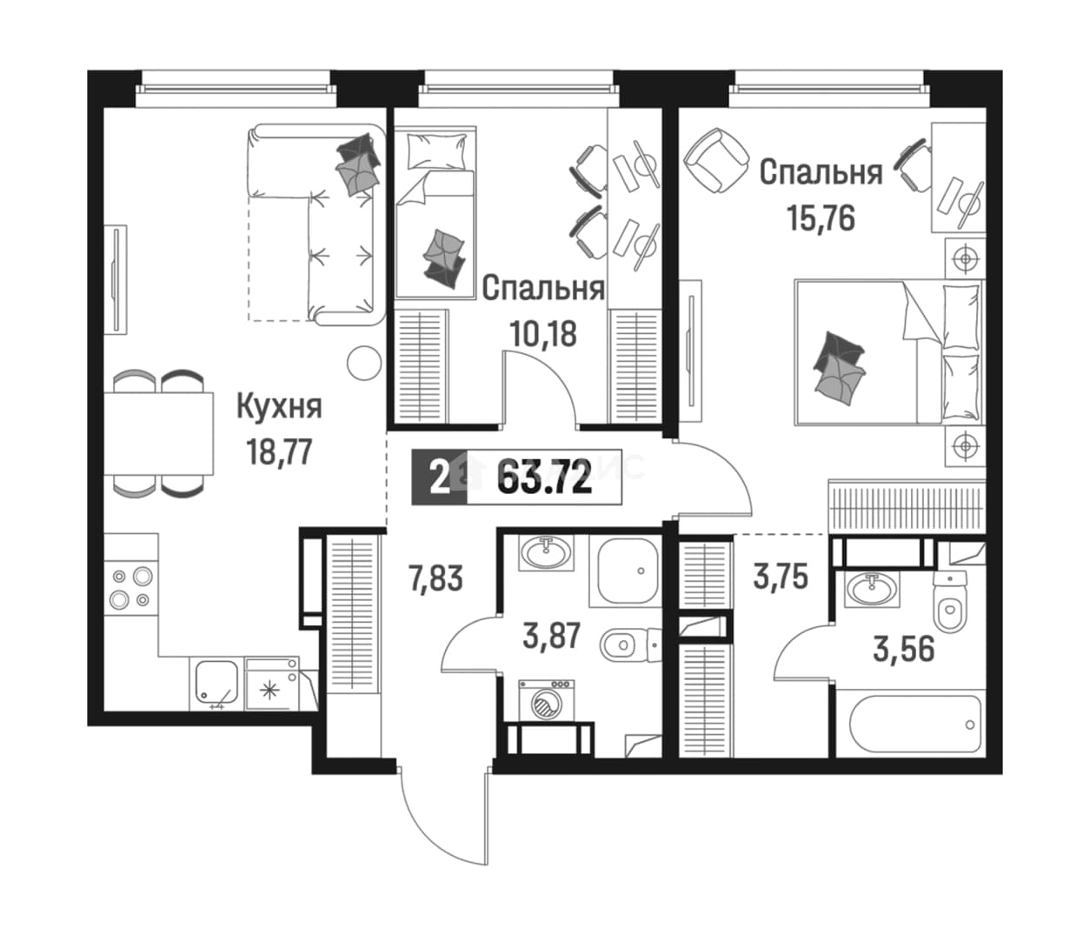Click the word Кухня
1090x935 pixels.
click(x=279, y=407)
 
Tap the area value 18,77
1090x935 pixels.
click(x=280, y=451)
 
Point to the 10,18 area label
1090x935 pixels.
click(x=543, y=334)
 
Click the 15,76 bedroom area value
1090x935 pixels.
click(x=821, y=218)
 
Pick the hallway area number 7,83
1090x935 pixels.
click(x=435, y=578)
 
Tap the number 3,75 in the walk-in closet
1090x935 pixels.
click(x=781, y=576)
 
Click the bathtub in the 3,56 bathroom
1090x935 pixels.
click(x=915, y=725)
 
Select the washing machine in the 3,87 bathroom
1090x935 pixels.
click(x=547, y=701)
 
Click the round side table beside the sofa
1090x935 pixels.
click(x=364, y=363)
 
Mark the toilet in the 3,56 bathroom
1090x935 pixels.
click(x=950, y=602)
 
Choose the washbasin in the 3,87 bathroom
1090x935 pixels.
click(x=546, y=553)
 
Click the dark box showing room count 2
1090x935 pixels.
click(x=439, y=478)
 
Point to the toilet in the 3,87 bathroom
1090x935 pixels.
click(x=630, y=644)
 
